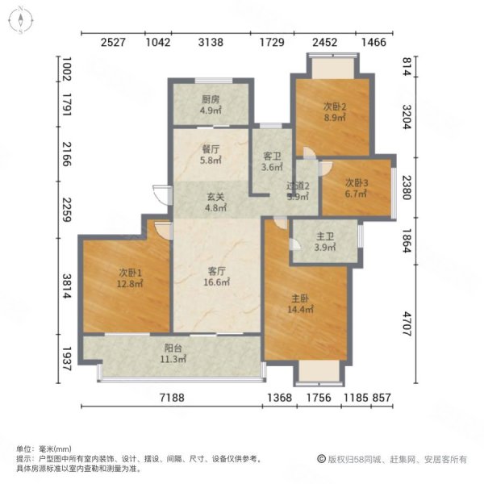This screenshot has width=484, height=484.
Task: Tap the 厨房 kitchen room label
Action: pos(211,100)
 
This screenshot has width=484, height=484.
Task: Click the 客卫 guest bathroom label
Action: pos(272,156)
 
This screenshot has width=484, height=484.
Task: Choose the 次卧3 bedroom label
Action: pos(357,183)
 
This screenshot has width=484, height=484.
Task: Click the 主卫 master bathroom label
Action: pos(325,236)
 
